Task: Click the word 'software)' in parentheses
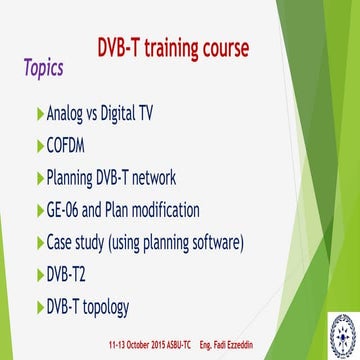[x=239, y=243]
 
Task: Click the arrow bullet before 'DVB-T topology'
[x=39, y=307]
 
